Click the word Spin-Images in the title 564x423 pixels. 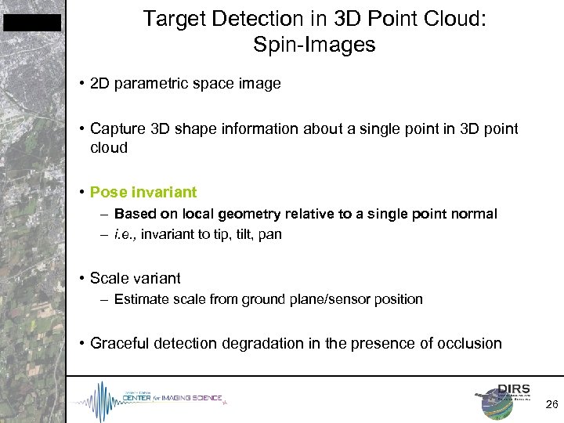click(314, 45)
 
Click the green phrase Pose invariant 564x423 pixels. click(143, 192)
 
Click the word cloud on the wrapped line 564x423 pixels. click(109, 147)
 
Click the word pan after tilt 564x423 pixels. click(269, 234)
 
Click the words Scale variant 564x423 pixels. click(135, 278)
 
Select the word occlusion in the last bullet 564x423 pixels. click(468, 343)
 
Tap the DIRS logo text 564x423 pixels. click(514, 389)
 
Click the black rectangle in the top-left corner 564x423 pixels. click(31, 23)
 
